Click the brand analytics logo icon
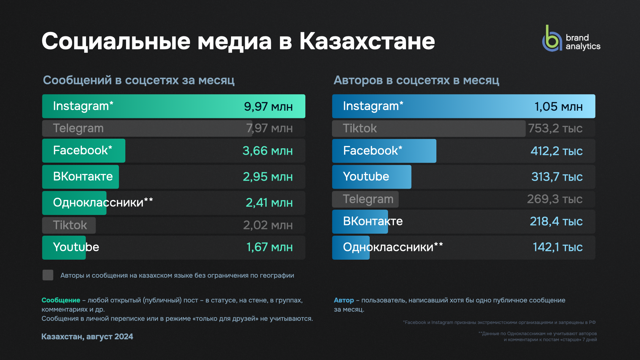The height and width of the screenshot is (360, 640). point(552,39)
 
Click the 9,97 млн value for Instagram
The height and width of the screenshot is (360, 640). point(268,107)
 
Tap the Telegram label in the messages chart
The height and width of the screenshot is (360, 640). point(78,128)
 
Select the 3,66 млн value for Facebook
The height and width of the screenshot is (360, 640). point(267,151)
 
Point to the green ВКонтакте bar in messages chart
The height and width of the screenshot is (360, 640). point(80,177)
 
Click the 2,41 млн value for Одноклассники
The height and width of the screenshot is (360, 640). point(269,203)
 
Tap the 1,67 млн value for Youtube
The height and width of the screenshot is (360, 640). point(269,247)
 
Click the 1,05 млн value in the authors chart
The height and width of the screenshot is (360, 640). point(558,107)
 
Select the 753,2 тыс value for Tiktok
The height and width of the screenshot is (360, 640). point(555,129)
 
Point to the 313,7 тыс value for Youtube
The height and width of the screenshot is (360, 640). point(557,177)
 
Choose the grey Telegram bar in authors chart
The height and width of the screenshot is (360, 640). point(365,199)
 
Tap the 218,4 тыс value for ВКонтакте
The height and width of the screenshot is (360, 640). point(556,221)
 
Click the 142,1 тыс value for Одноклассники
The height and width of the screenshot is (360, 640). point(557,247)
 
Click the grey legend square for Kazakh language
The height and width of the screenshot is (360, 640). point(48,275)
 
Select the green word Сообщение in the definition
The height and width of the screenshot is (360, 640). point(61,300)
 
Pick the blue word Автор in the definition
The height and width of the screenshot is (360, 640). point(344,300)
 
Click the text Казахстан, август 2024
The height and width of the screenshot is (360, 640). point(87,337)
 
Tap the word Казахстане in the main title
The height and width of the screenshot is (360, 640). point(367,41)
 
